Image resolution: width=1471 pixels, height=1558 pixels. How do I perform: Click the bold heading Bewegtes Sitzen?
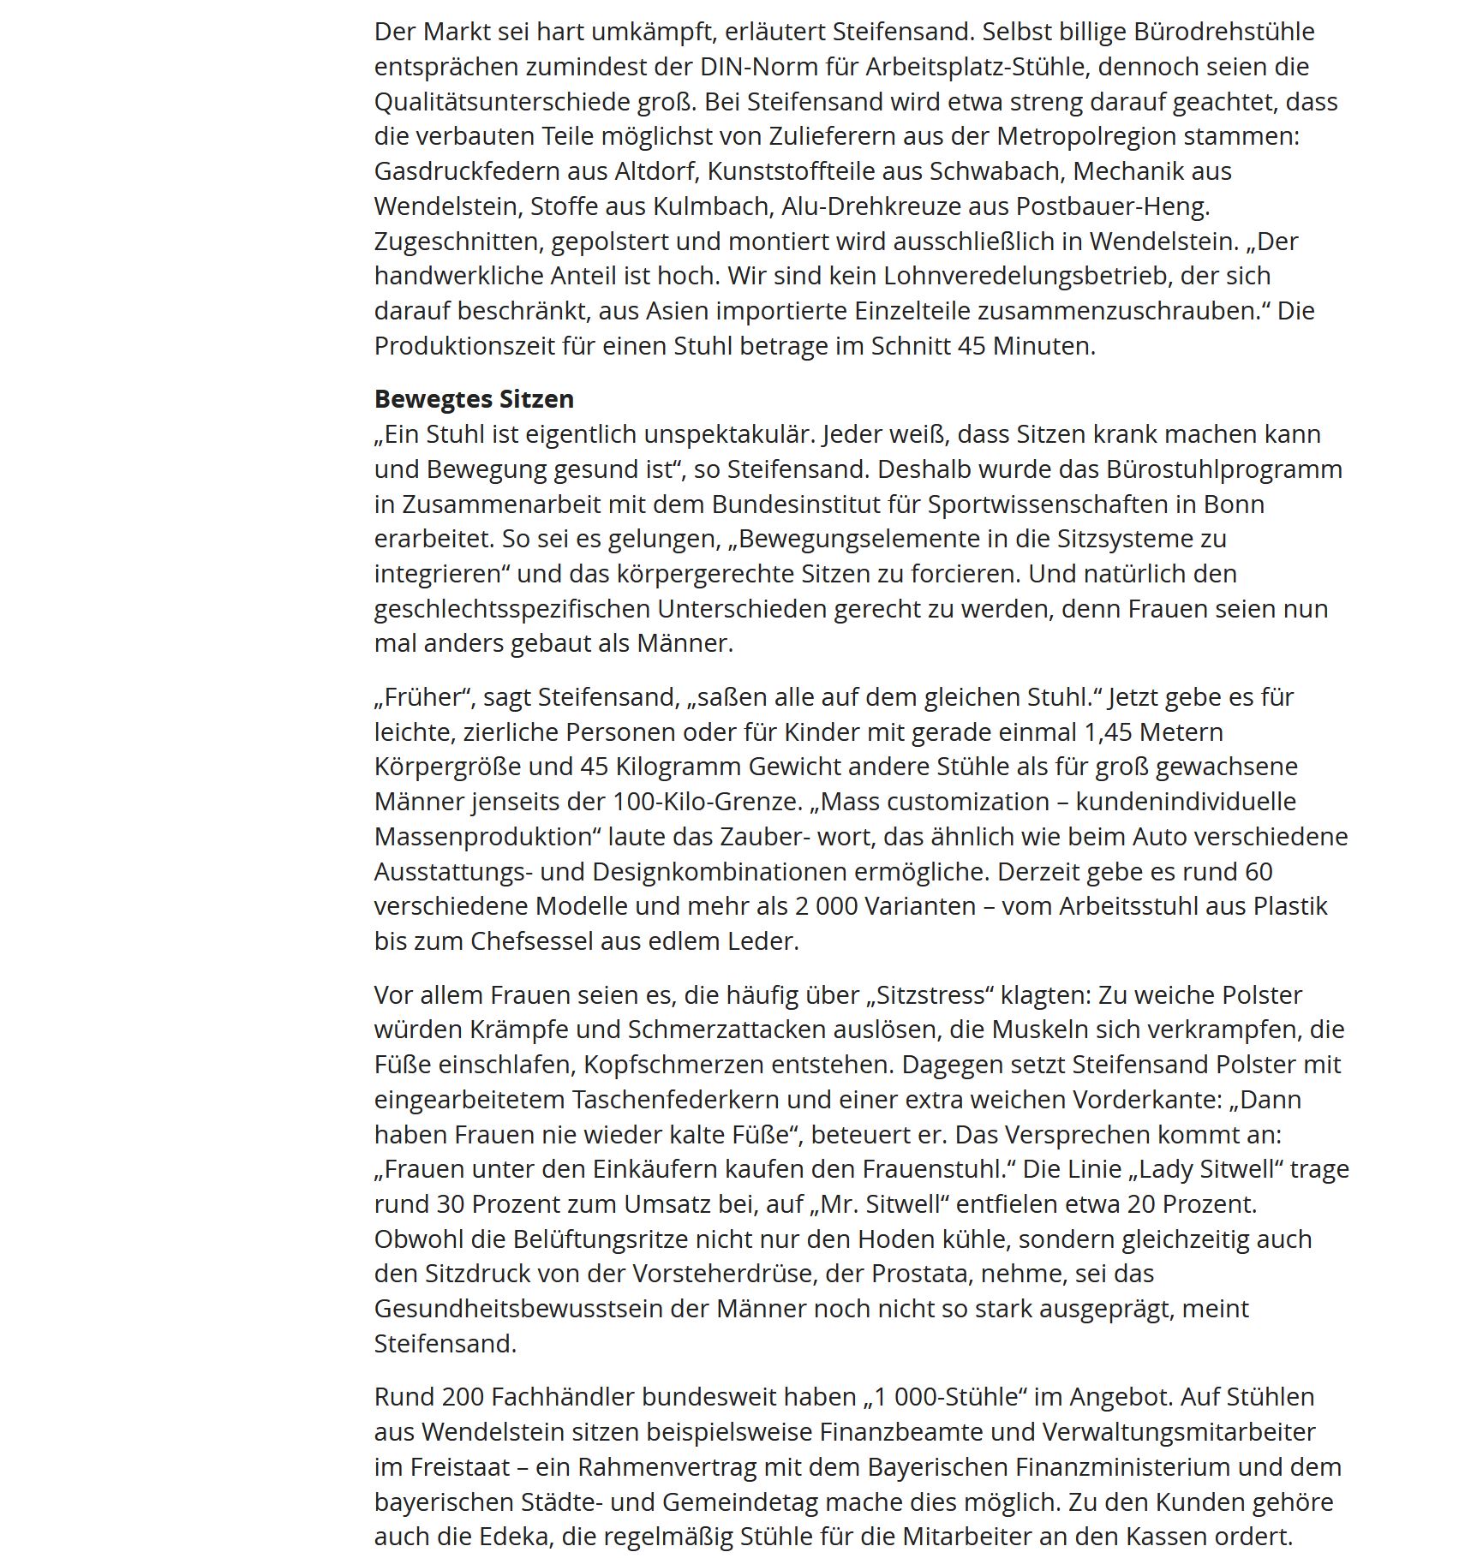click(474, 399)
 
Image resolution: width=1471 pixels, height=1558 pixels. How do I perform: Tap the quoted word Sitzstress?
click(929, 995)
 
